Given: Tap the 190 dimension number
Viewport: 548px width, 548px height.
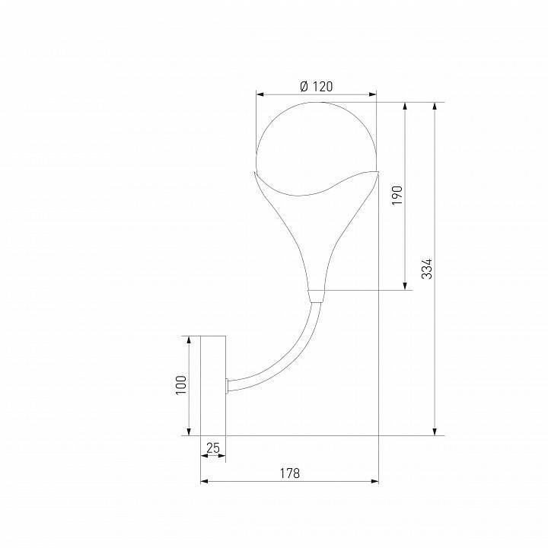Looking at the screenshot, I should (396, 195).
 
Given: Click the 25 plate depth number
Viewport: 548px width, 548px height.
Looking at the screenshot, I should (213, 448).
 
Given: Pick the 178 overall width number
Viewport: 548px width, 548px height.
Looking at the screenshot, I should (289, 473).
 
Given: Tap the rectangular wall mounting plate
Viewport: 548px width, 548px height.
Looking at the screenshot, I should (213, 385).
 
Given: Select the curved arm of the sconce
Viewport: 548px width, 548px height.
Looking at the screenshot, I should (285, 358).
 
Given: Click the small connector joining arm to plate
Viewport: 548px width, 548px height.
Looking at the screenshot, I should (228, 385).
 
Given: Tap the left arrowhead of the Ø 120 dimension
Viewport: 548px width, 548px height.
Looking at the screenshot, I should (260, 95).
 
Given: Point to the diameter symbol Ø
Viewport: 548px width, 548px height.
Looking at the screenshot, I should (304, 87).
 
